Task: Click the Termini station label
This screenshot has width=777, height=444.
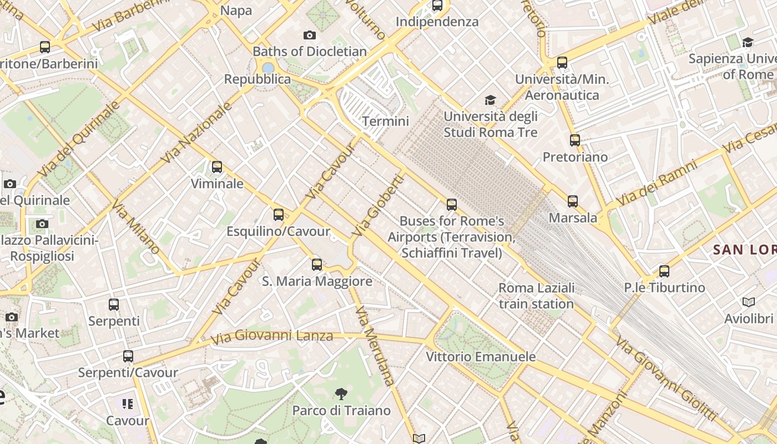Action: point(385,121)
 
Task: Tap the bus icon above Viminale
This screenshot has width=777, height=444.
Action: point(217,167)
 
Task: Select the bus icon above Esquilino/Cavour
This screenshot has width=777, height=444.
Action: point(279,214)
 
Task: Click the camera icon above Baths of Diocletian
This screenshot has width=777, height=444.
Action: point(310,35)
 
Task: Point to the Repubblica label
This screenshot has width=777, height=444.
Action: point(257,79)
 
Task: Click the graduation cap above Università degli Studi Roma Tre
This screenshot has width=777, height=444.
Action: point(490,100)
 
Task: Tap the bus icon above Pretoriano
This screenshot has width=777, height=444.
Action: point(575,140)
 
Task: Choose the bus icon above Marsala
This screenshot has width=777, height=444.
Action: point(573,201)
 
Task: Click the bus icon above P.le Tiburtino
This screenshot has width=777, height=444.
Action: point(664,271)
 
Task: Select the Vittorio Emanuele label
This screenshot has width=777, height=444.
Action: point(481,357)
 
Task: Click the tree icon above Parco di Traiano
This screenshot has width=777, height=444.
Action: point(341,394)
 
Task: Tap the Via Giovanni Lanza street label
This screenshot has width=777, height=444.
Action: point(272,336)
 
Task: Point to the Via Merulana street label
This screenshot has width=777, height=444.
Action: point(375,345)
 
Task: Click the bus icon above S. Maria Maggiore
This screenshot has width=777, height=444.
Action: point(317,264)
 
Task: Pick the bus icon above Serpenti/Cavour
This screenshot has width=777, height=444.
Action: point(128,356)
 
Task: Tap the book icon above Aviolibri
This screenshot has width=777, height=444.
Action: point(749,302)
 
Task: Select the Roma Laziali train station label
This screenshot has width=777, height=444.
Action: point(536,296)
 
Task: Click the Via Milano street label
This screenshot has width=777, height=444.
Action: point(135,227)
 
